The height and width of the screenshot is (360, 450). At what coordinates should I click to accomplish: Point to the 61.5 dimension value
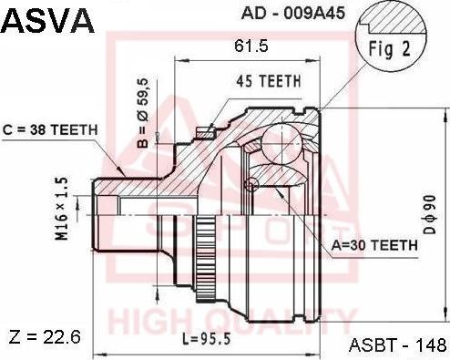click(x=243, y=45)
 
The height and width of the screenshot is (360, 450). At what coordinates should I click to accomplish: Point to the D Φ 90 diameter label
click(x=430, y=221)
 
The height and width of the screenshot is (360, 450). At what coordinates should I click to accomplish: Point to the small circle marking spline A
click(x=250, y=185)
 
